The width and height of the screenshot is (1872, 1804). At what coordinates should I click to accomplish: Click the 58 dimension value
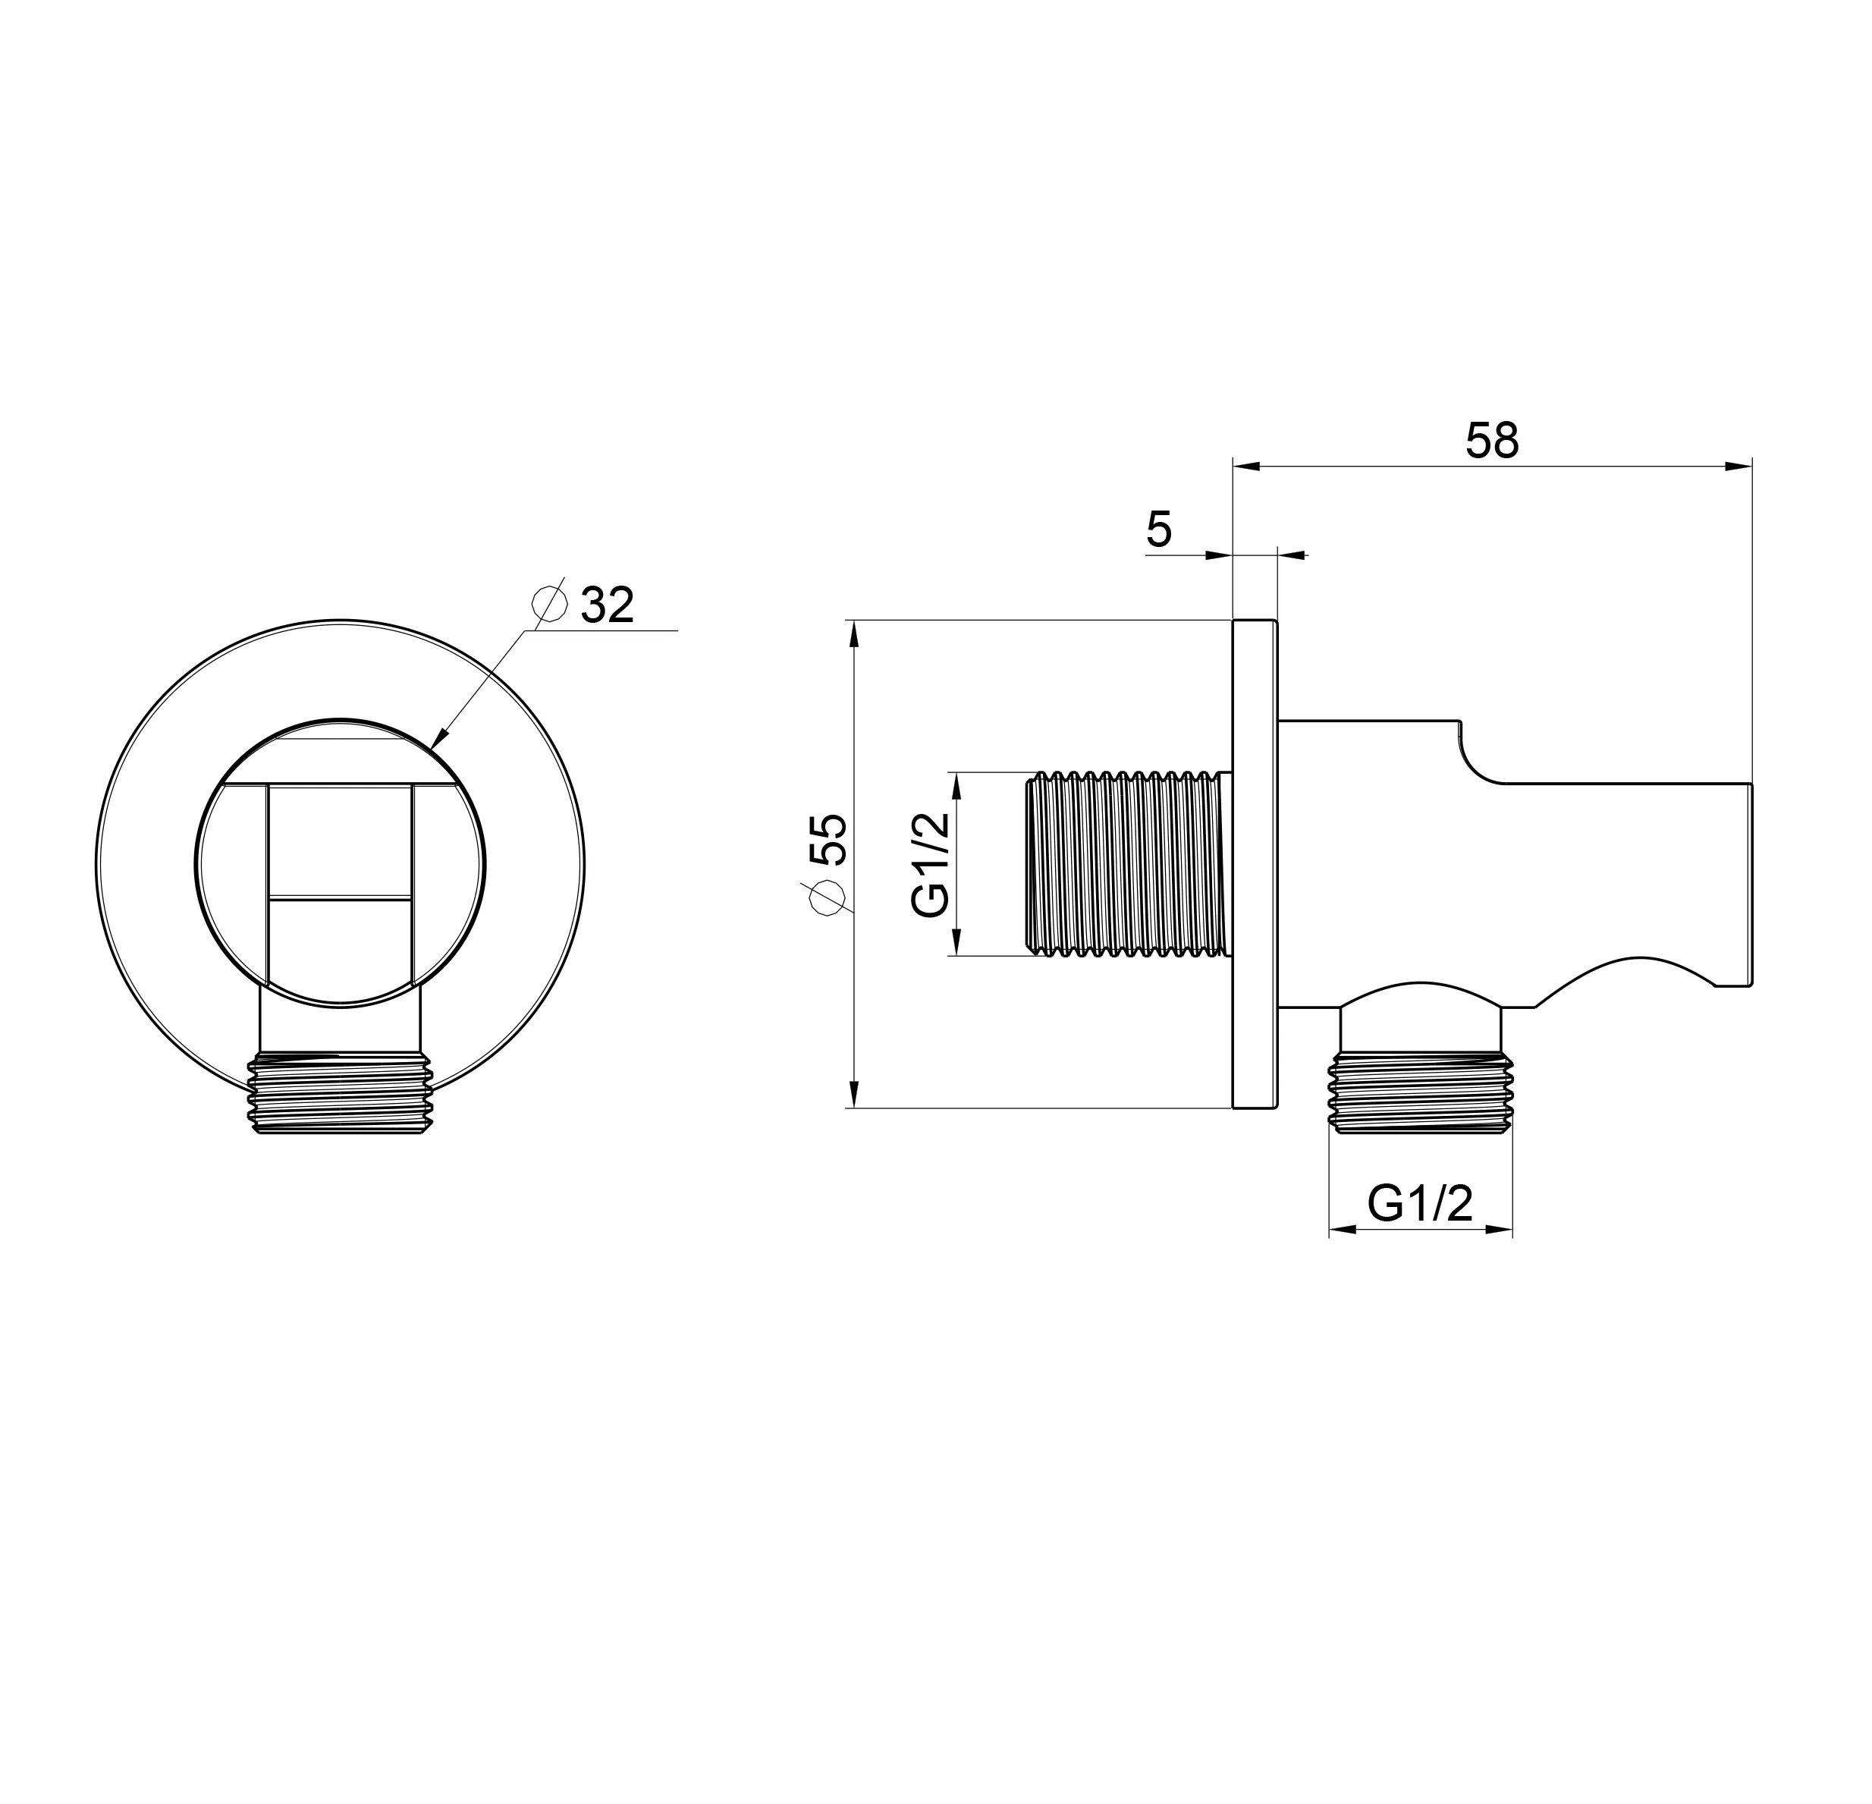pos(1492,440)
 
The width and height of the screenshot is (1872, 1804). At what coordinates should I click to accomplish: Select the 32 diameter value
pos(608,605)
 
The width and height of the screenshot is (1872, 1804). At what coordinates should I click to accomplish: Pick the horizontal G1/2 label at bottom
pos(1420,1203)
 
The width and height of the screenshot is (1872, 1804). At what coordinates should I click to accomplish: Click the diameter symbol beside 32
pos(549,604)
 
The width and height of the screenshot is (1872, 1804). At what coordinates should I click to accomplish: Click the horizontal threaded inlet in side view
pos(1129,864)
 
